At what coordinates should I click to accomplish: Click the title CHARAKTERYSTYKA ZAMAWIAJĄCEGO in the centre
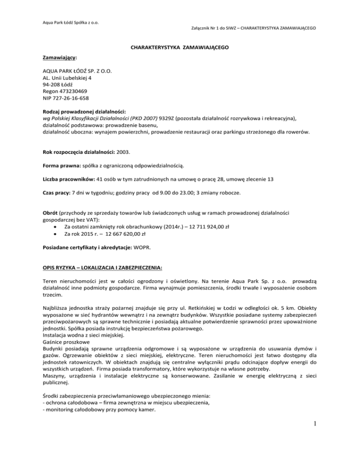click(x=180, y=47)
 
